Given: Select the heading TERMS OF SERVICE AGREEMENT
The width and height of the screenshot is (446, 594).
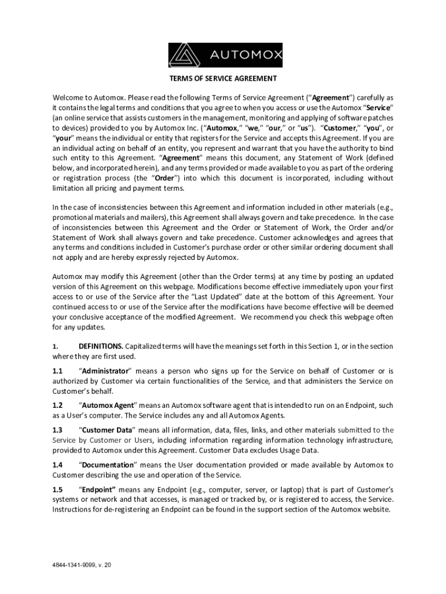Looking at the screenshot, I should point(222,78).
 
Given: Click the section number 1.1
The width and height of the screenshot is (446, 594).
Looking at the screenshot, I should point(57,371).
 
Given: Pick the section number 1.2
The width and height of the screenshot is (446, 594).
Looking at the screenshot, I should point(57,405).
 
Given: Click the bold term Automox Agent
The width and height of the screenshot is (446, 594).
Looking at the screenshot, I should point(108,405).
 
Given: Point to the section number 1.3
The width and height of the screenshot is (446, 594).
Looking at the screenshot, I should point(57,430).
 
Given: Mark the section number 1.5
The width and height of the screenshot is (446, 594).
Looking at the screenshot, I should point(57,489).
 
